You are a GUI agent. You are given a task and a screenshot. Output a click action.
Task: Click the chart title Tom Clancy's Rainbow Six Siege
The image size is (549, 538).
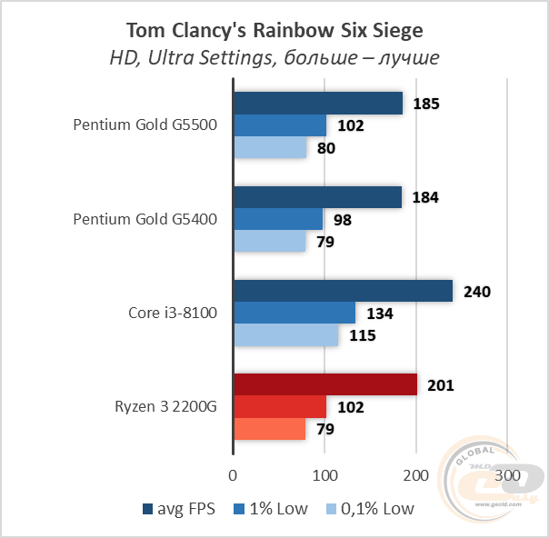pos(274,31)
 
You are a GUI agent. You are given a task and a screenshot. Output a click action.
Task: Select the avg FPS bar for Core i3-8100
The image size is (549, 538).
pos(343,291)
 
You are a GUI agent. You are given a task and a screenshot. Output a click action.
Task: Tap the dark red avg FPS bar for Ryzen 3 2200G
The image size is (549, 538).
pos(325,384)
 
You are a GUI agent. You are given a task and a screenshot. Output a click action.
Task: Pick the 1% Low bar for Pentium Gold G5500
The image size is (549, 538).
pos(280,125)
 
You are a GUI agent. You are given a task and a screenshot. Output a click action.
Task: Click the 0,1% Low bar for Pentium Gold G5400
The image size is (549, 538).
pos(270,242)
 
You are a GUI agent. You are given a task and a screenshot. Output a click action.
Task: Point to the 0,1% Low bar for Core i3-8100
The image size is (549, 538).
pos(286,335)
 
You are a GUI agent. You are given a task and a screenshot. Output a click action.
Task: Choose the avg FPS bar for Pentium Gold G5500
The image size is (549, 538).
pos(318,104)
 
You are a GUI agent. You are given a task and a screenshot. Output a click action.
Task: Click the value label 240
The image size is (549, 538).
pos(476,292)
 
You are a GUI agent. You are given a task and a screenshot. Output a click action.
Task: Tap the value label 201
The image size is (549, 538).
pos(441,385)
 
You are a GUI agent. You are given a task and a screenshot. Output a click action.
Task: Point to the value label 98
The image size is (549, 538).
pos(342,220)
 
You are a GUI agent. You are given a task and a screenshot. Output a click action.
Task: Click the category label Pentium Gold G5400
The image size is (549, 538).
pos(145,219)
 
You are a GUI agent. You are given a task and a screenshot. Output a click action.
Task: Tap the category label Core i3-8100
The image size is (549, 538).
pos(172,313)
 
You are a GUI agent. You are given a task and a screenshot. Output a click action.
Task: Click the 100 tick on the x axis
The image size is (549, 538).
pos(324,475)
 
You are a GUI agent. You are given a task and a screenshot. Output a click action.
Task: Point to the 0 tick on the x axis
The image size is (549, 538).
pos(234,475)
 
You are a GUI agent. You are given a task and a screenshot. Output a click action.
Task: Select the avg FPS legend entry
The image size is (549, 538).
pos(179,508)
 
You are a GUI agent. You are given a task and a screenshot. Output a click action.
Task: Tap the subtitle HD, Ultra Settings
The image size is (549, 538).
pos(274,58)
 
